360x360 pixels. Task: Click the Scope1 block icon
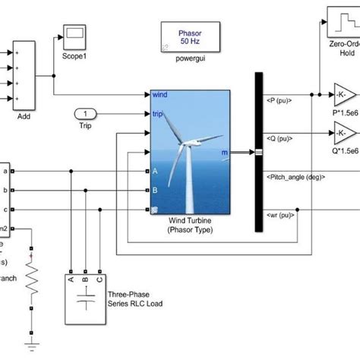(x=74, y=34)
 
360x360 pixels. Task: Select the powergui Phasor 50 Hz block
(x=186, y=35)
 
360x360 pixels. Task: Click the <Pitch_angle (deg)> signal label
(x=296, y=176)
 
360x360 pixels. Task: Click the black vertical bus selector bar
(x=258, y=152)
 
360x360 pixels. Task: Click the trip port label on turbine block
(x=158, y=114)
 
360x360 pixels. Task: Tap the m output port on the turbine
(x=223, y=153)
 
